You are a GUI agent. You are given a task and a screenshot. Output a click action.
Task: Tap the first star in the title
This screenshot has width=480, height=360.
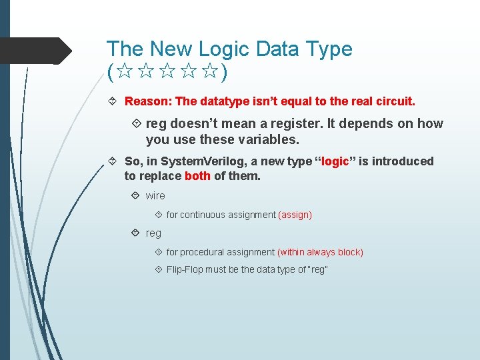[x=123, y=71]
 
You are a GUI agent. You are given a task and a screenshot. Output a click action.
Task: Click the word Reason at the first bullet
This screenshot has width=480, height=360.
[x=147, y=102]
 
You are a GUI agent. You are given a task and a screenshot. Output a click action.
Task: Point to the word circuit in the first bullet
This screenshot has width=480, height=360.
[x=393, y=102]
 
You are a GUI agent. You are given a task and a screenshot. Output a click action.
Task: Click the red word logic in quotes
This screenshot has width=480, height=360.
[x=335, y=161]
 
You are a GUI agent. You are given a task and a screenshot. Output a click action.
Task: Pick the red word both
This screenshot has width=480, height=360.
[x=197, y=177]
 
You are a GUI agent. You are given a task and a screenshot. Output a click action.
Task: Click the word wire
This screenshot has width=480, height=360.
[x=155, y=196]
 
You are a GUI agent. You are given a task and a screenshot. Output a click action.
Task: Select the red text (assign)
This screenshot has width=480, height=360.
[x=295, y=215]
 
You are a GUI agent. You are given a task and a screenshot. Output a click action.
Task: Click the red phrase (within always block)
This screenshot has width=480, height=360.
[x=320, y=252]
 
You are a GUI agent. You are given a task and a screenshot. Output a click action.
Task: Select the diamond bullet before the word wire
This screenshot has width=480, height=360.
[x=136, y=196]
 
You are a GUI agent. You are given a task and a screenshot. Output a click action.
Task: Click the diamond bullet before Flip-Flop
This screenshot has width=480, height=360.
[x=158, y=269]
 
